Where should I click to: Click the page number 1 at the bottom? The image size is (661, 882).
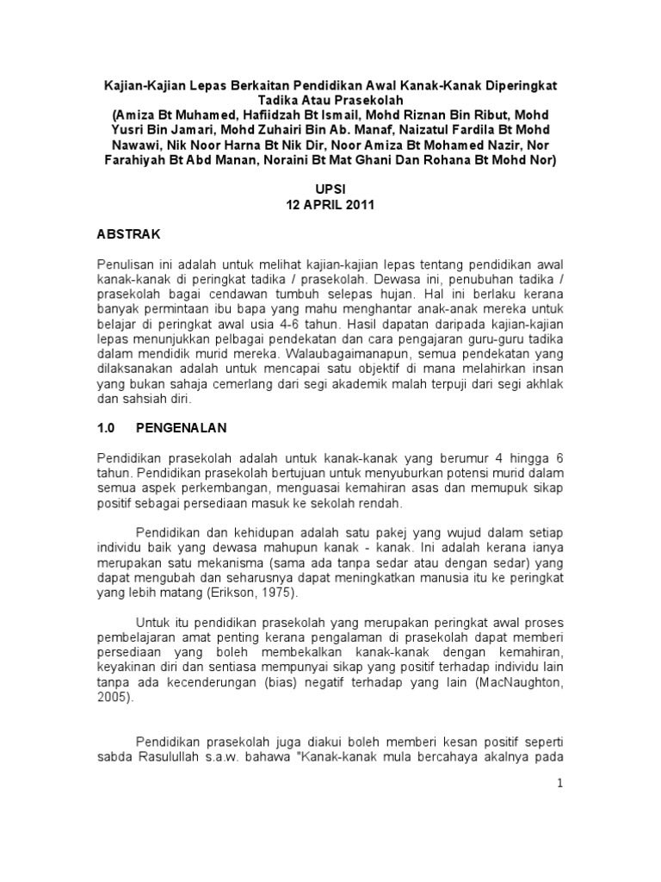(x=559, y=783)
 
